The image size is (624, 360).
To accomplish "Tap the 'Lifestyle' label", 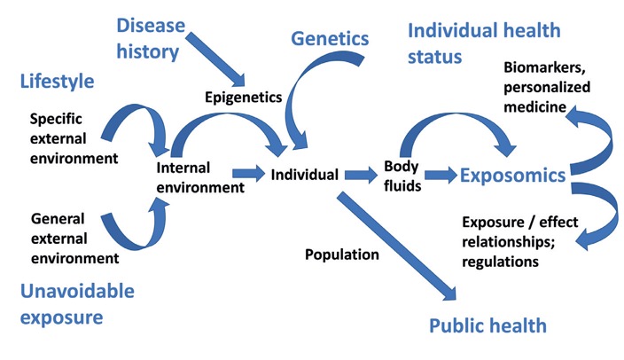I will (57, 82).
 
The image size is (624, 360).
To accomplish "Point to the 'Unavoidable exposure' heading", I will (78, 303).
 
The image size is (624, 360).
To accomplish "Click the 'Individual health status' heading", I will (483, 43).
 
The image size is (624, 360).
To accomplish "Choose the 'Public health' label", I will (487, 325).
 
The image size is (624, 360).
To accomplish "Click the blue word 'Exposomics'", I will (512, 176).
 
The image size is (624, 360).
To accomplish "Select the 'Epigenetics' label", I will (243, 96).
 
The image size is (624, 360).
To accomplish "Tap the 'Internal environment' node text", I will (199, 176).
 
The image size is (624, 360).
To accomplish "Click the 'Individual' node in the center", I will (305, 175).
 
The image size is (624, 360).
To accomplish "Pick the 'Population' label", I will (342, 254).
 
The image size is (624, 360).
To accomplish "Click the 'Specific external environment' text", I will (74, 137).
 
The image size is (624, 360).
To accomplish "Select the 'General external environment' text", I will (74, 238).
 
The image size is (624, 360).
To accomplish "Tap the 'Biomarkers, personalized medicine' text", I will (547, 88).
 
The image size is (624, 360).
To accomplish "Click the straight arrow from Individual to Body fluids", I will (360, 175).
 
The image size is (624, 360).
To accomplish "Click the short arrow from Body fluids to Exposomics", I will (439, 175).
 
